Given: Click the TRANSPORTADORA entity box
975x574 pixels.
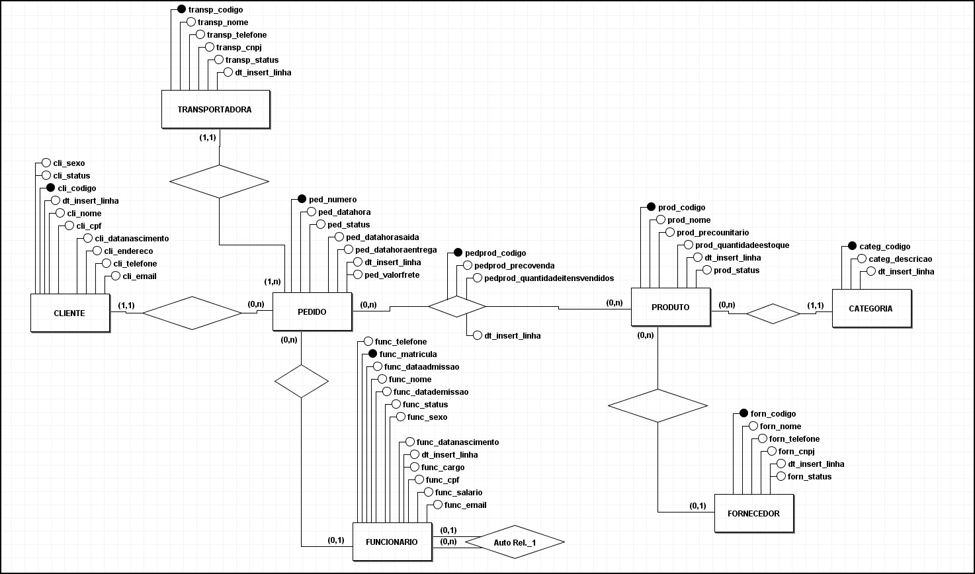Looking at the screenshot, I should tap(216, 109).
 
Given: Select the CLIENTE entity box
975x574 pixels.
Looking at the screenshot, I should tap(69, 312).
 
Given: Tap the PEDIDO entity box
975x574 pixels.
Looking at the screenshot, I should tap(312, 311).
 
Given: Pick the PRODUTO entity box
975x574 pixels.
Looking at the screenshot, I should tap(671, 307).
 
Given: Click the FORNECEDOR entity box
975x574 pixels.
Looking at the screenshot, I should tap(754, 513).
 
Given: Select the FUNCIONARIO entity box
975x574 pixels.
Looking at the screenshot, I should tap(392, 542).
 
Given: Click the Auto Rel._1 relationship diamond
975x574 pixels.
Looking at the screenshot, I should tap(515, 542).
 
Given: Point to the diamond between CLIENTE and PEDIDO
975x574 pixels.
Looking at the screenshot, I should tap(192, 313).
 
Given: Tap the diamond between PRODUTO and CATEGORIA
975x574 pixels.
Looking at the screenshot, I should tap(773, 313).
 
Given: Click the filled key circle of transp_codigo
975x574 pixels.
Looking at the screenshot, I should tap(182, 10).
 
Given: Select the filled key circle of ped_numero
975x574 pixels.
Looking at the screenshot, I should tap(302, 199).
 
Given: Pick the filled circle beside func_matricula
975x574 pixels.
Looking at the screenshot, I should tap(372, 354).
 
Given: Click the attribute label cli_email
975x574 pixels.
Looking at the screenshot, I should tap(135, 276).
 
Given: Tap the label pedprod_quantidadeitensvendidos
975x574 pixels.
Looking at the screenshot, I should tap(549, 278).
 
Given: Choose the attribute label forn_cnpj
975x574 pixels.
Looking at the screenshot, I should tap(796, 451).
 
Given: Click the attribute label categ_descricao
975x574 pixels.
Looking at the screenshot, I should tap(900, 259).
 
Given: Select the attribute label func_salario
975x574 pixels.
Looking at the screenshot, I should tap(458, 492).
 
